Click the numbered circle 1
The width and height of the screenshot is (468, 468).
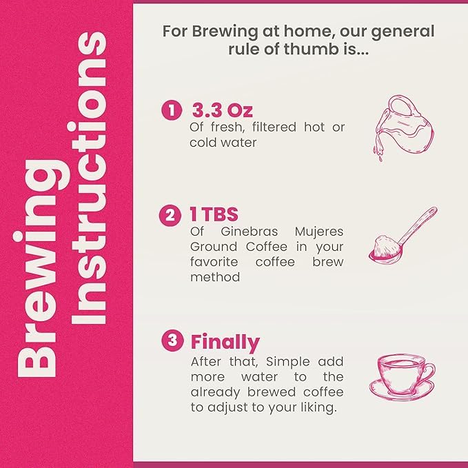[x=172, y=110]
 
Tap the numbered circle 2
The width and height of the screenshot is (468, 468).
[x=170, y=215]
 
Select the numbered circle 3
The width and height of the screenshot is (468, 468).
[x=172, y=340]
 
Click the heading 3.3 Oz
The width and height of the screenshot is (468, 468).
[x=223, y=110]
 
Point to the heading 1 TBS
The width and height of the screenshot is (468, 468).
[x=214, y=214]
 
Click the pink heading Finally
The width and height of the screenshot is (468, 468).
[x=225, y=343]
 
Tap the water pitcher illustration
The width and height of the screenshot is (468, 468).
[x=403, y=128]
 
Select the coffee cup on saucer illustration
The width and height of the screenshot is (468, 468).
[x=402, y=377]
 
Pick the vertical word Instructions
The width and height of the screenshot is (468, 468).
[x=89, y=179]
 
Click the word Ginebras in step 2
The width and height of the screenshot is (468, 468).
[x=250, y=232]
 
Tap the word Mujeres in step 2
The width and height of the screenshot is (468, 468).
[x=319, y=232]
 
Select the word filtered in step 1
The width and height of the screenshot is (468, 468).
[x=274, y=127]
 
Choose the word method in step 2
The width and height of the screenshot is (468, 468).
[x=215, y=277]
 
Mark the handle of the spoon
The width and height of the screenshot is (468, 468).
[x=417, y=226]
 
